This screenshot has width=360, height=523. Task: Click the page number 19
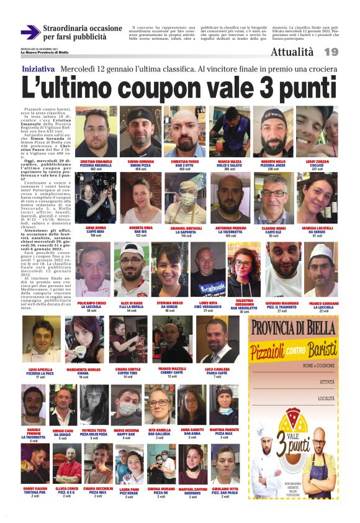[331, 52]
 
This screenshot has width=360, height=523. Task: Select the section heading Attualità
[292, 52]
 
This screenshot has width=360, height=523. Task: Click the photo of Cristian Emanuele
[96, 131]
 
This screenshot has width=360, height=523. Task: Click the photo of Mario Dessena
[126, 404]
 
